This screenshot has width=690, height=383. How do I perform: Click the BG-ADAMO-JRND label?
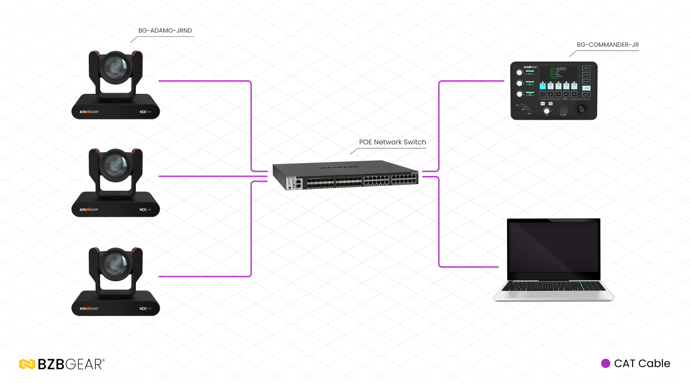coord(165,31)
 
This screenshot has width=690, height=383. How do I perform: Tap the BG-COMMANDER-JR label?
coord(607,45)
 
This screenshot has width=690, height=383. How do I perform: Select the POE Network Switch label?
coord(392,142)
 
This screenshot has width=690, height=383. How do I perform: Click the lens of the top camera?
coord(116,67)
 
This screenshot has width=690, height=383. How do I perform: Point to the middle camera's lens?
coord(116,165)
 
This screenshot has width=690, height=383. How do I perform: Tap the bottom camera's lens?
coord(116,264)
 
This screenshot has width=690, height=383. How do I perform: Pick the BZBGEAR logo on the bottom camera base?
coord(89,308)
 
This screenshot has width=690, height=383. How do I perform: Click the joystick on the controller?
coord(582,108)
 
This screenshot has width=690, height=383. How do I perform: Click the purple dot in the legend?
coord(605,363)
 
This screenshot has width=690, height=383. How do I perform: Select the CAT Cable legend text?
coord(642,363)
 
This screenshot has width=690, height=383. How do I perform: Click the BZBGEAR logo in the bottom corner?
coord(62,364)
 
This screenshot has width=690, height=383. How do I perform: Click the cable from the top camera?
coord(205,81)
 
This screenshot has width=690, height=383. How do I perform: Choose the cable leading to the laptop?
coord(439,226)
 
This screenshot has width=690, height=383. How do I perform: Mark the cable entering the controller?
coord(472,81)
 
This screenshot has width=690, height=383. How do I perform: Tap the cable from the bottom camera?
coord(205,276)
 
